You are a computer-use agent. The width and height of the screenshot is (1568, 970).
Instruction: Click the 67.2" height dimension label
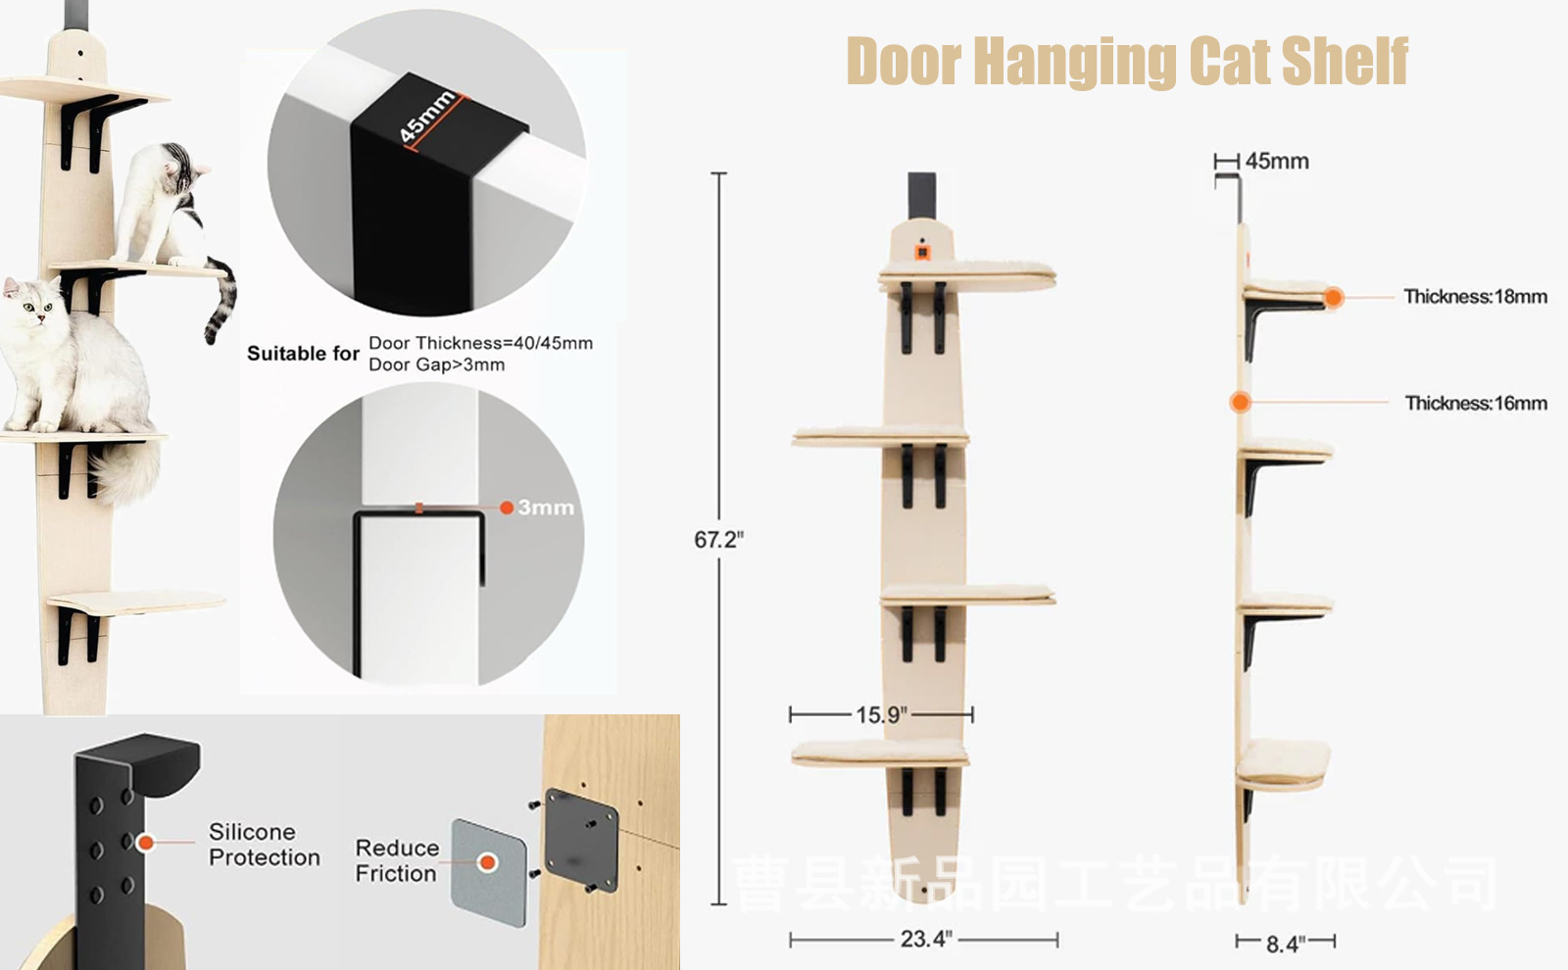718,540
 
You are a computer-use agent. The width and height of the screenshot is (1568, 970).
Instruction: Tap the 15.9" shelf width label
881,714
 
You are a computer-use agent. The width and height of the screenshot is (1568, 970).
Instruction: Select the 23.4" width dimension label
925,939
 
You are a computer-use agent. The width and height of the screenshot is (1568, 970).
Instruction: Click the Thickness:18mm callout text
1475,296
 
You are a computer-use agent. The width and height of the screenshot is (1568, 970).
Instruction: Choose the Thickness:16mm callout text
1475,403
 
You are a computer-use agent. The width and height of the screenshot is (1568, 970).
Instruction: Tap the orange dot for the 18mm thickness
1333,297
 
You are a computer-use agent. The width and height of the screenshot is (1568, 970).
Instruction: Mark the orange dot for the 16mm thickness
1241,402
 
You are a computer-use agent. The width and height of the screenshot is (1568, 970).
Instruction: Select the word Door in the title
904,61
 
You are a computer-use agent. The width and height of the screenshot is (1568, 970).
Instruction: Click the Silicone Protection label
264,844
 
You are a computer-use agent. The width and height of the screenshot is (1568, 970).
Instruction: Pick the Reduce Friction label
396,859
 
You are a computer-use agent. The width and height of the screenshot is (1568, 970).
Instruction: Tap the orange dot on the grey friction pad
487,862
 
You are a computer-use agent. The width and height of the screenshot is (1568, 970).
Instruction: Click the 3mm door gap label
545,508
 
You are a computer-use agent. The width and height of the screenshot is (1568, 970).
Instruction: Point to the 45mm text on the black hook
427,115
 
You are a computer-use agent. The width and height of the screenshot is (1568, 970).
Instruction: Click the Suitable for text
303,353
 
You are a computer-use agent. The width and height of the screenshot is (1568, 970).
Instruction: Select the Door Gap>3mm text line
436,364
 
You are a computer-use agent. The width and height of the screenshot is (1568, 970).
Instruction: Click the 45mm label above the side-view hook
1276,161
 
